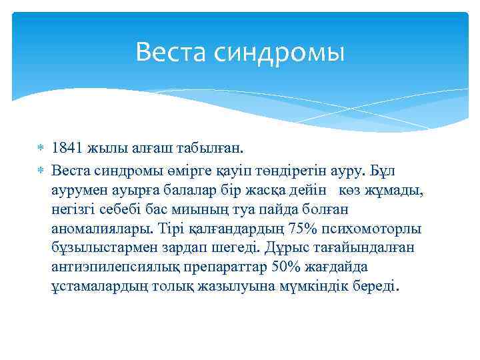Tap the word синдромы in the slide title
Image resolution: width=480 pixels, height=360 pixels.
tap(279, 53)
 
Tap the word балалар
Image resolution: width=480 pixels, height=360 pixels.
tap(202, 191)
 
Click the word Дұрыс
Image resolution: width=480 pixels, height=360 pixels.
tap(285, 249)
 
